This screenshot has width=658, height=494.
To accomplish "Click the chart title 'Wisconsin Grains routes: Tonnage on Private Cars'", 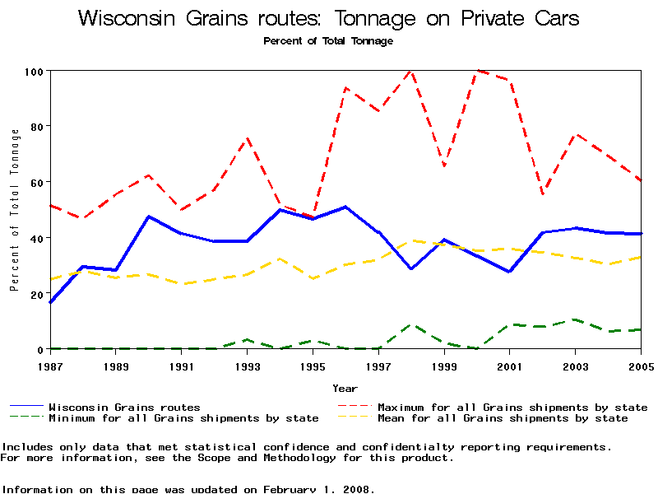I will click(328, 19).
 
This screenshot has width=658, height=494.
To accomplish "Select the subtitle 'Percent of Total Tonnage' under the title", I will click(328, 40).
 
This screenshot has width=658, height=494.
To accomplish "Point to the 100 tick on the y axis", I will click(34, 71).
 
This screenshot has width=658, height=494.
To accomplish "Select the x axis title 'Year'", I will click(345, 388).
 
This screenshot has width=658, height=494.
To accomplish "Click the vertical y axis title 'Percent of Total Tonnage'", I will click(14, 210).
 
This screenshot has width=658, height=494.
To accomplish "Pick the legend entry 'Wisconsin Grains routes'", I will click(124, 407).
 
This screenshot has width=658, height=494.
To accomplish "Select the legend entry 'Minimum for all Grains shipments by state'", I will click(183, 418).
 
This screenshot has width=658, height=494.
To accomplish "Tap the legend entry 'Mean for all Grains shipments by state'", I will click(503, 418).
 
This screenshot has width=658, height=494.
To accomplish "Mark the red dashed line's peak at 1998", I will click(411, 71).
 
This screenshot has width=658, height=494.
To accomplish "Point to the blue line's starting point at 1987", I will click(50, 302).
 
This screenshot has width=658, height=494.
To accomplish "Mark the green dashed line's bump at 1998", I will click(411, 325).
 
